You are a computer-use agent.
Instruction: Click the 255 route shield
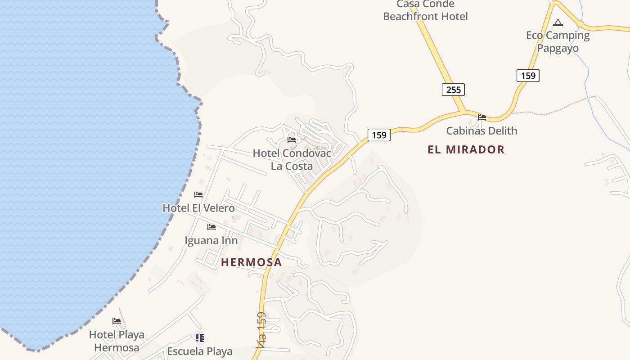coord(453,90)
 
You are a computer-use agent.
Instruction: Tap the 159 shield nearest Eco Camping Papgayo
coord(528,76)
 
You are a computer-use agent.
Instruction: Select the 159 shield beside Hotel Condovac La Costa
coord(379,135)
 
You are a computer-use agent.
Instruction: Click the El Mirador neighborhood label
coord(466,150)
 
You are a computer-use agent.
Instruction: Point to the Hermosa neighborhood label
coord(251,262)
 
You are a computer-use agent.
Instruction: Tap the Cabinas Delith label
coord(481,131)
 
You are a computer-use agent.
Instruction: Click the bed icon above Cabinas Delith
coord(482,117)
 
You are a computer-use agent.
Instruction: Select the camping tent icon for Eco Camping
coord(558,22)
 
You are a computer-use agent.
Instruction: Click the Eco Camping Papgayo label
coord(558,42)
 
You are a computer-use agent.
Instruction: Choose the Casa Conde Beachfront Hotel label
coord(425,11)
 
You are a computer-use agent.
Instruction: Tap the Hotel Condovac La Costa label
coord(292,160)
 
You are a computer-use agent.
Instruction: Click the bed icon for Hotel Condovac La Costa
coord(292,139)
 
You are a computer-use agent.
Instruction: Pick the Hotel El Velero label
coord(198,208)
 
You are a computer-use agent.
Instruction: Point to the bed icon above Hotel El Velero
coord(198,195)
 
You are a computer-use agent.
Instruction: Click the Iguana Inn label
coord(211,241)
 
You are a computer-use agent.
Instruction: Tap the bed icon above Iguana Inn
coord(211,227)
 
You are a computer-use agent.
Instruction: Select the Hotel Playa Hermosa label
coord(117,341)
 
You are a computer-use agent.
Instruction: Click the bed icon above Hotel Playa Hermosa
coord(117,321)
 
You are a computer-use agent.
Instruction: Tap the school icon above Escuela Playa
coord(200,337)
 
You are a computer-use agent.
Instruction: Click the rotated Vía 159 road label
coord(261,331)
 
